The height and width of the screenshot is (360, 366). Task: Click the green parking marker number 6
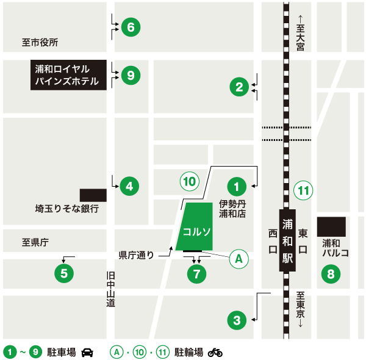pyautogui.click(x=131, y=27)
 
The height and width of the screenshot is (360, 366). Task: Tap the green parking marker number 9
pyautogui.click(x=131, y=75)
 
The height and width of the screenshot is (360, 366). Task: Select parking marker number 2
pyautogui.click(x=239, y=87)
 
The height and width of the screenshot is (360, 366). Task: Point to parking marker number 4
pyautogui.click(x=129, y=185)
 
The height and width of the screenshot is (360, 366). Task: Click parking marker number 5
pyautogui.click(x=64, y=272)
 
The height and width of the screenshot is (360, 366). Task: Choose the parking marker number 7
pyautogui.click(x=196, y=274)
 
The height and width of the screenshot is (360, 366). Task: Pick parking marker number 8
pyautogui.click(x=331, y=274)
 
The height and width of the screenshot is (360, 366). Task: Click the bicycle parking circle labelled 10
pyautogui.click(x=189, y=181)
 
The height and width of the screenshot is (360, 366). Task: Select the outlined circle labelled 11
pyautogui.click(x=303, y=190)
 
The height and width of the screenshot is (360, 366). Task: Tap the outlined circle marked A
pyautogui.click(x=239, y=259)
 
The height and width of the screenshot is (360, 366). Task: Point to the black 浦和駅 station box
pyautogui.click(x=288, y=240)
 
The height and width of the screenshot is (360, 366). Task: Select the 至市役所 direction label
pyautogui.click(x=40, y=43)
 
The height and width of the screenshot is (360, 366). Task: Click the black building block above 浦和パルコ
pyautogui.click(x=331, y=226)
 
